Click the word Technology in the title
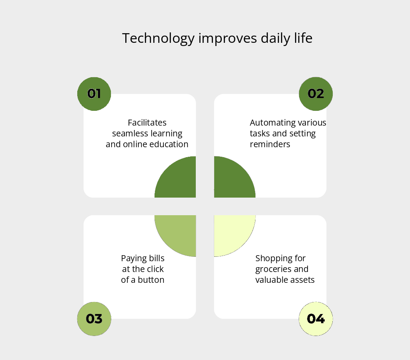[x=159, y=39]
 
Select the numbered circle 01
[x=94, y=94]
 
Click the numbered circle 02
[x=316, y=94]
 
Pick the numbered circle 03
[x=94, y=319]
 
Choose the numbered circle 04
[x=316, y=319]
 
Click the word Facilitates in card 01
[x=147, y=122]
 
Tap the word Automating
[x=269, y=122]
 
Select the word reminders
[x=270, y=144]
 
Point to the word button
[x=151, y=280]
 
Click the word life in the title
[x=303, y=38]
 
